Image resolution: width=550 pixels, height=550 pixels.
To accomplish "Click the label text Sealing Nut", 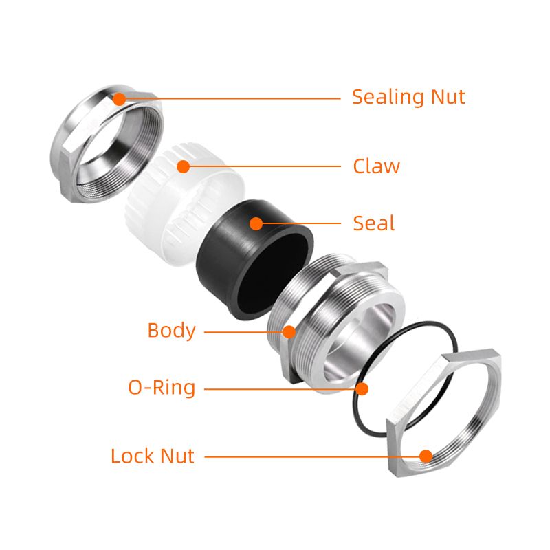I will click(408, 97).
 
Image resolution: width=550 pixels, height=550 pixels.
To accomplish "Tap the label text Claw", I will click(376, 166).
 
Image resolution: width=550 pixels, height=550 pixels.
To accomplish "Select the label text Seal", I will click(374, 223).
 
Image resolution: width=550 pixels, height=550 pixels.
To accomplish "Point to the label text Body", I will click(171, 331).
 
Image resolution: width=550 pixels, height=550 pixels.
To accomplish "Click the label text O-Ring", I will click(162, 388).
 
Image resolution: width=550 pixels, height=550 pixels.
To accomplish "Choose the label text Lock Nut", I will click(153, 456).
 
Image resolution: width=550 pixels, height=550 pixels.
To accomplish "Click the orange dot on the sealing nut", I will click(120, 98).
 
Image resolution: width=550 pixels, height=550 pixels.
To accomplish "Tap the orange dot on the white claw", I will click(183, 166).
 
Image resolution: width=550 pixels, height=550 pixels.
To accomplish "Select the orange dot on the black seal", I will click(256, 223).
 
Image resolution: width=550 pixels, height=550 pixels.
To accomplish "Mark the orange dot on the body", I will click(289, 332).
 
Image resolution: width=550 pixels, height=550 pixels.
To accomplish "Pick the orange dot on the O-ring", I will click(362, 388).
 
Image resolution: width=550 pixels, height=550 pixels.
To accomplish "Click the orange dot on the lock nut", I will click(426, 456).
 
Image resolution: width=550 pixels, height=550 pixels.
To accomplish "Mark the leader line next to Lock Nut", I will click(309, 456).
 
